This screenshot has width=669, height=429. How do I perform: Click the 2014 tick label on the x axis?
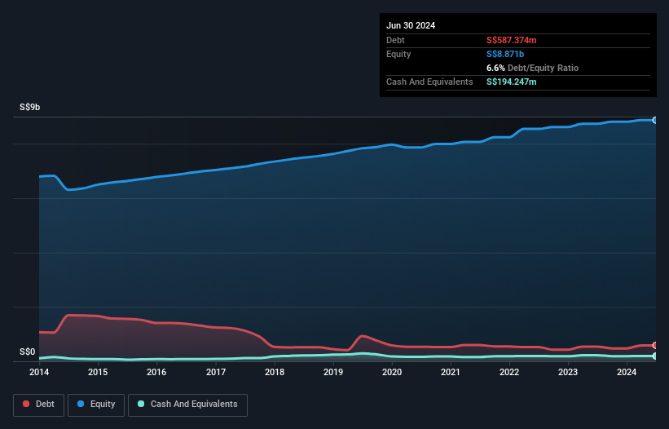[39, 373]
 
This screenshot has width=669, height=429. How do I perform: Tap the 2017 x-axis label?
[216, 373]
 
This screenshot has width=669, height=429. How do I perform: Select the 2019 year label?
[333, 373]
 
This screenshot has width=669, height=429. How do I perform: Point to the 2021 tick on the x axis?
[451, 373]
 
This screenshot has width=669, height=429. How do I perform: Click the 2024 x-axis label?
[627, 373]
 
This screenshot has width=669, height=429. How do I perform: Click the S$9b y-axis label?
[30, 108]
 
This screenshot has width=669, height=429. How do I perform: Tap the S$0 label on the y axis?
[28, 352]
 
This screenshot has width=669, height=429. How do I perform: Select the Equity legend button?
[96, 405]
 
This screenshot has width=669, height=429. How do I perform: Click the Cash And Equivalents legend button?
[187, 405]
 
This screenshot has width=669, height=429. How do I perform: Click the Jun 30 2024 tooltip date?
[411, 25]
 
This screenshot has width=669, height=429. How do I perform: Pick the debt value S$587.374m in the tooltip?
[512, 40]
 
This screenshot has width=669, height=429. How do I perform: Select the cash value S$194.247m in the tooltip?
[512, 82]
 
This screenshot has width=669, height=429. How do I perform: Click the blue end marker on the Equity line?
[655, 120]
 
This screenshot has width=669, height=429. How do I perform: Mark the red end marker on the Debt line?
[655, 346]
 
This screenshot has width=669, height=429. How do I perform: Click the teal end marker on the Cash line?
[655, 356]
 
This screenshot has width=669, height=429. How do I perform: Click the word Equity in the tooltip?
[398, 54]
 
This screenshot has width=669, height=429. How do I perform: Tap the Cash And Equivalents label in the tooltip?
[429, 82]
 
